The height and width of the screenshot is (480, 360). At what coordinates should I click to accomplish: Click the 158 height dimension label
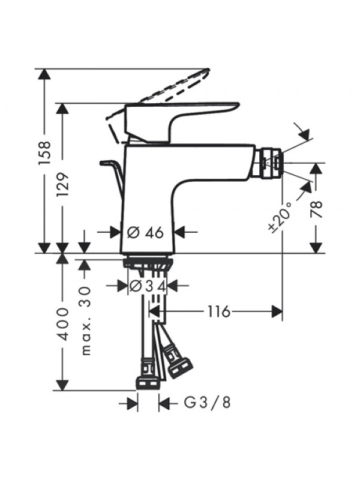point(44,153)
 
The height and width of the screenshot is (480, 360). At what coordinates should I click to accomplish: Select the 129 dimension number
point(63,185)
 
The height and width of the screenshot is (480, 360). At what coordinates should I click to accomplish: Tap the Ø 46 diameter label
point(145,233)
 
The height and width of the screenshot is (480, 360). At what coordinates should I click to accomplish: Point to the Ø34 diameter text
point(148,286)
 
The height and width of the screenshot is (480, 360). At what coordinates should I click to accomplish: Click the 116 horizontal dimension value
point(218,312)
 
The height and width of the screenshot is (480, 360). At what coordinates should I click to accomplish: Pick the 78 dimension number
point(317,209)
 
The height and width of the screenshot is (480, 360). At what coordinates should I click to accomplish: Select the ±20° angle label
point(280,217)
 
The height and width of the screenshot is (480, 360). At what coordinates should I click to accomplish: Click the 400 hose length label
point(64,324)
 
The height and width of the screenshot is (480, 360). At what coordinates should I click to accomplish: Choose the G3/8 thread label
point(207,403)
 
